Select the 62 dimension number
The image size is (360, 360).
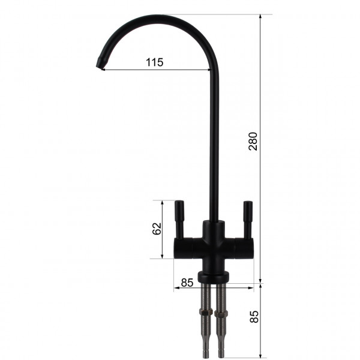click(157, 229)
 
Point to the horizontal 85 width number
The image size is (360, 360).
click(187, 281)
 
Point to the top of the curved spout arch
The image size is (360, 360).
click(156, 16)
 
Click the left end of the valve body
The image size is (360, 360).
click(175, 247)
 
